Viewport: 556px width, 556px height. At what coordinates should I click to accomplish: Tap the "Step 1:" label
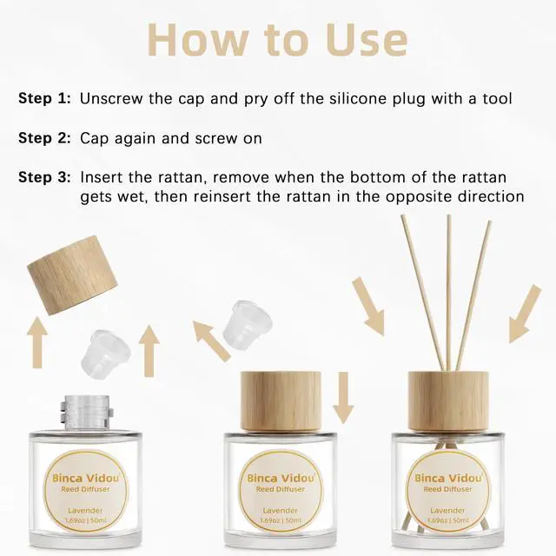pos(44,98)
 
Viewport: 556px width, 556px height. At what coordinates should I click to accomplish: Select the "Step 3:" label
pos(44,177)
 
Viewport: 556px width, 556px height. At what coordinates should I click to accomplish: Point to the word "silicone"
pos(357,99)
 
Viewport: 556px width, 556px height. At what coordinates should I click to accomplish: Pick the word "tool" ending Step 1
pos(497,99)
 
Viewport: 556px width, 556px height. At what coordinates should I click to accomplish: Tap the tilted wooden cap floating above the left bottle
pos(72,275)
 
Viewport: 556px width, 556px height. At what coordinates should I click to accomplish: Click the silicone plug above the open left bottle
pos(106,354)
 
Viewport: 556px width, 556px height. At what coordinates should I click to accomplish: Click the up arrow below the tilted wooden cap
pos(37,342)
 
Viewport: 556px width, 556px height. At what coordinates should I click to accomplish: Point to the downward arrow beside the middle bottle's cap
pos(343,398)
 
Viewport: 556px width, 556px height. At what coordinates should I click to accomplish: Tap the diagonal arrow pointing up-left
pos(212,341)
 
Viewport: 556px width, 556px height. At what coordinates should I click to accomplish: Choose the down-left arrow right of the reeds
pos(525,314)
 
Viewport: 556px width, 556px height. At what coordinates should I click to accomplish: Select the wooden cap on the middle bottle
pos(281,401)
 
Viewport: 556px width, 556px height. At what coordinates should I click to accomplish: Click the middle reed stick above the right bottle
pos(449,294)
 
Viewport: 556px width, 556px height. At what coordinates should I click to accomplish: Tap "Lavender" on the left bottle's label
pos(85,511)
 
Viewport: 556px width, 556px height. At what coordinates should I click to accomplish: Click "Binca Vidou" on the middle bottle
pos(281,479)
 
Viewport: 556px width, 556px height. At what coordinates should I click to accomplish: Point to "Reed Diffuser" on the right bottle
pos(448,489)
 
